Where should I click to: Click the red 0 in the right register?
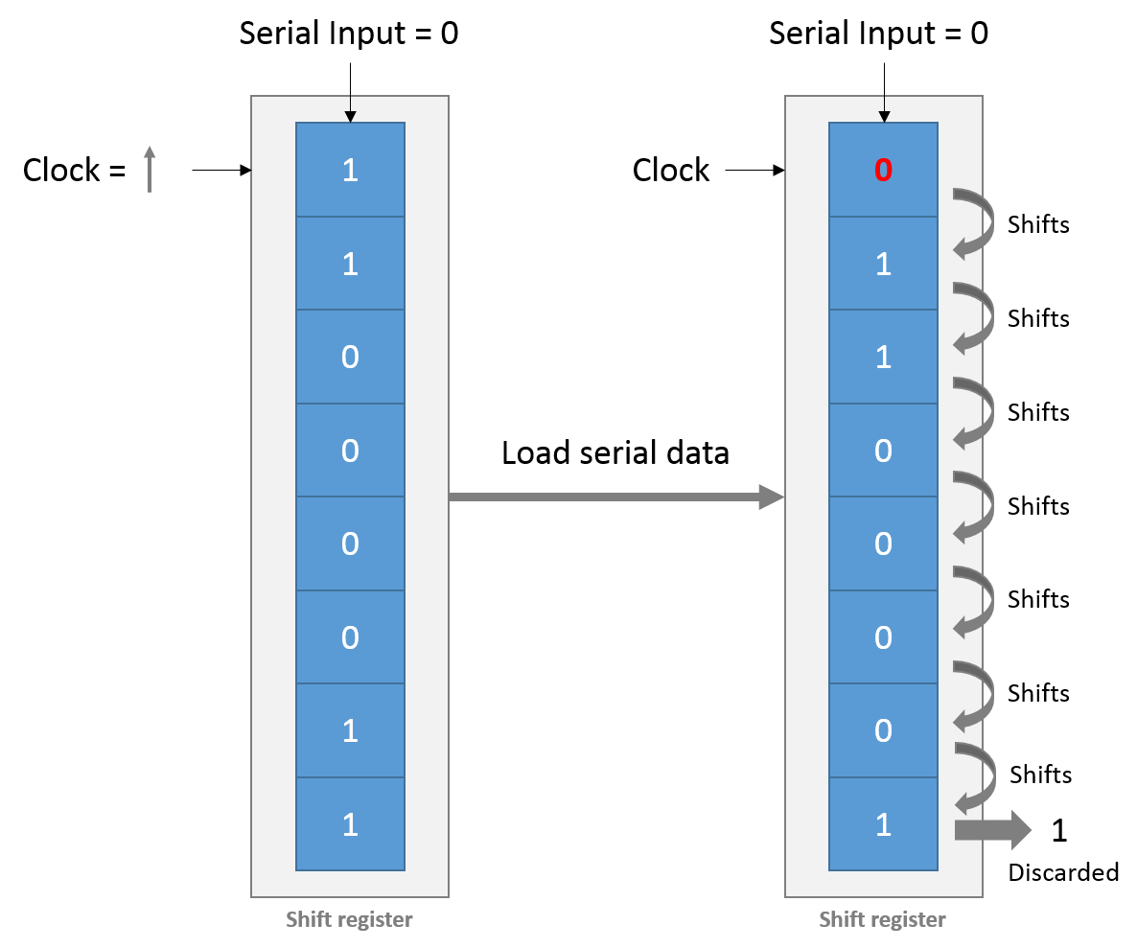pyautogui.click(x=883, y=171)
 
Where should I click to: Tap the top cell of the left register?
pyautogui.click(x=350, y=170)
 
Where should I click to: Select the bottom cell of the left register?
pyautogui.click(x=350, y=823)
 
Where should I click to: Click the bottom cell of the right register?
pyautogui.click(x=883, y=823)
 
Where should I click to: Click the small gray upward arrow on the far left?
pyautogui.click(x=150, y=169)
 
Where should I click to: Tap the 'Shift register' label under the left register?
pyautogui.click(x=349, y=920)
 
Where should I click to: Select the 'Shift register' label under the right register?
pyautogui.click(x=882, y=920)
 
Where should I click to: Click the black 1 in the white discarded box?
pyautogui.click(x=1058, y=830)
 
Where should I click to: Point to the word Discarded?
pyautogui.click(x=1059, y=870)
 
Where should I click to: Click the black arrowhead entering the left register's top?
pyautogui.click(x=350, y=117)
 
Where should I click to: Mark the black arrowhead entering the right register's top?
pyautogui.click(x=884, y=117)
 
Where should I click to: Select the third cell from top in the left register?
pyautogui.click(x=350, y=357)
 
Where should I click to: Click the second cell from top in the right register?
pyautogui.click(x=883, y=264)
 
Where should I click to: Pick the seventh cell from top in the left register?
pyautogui.click(x=350, y=730)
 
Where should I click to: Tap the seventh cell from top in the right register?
pyautogui.click(x=883, y=730)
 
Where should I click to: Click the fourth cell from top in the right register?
pyautogui.click(x=883, y=451)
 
